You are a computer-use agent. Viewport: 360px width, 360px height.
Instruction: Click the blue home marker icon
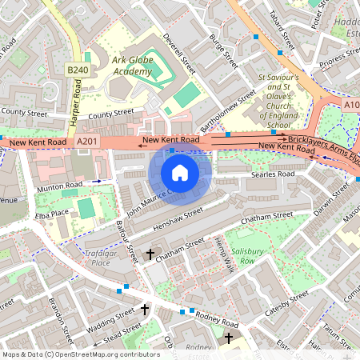coord(180,172)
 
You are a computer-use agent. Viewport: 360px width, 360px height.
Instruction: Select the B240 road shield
coord(77,70)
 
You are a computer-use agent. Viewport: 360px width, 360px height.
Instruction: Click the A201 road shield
coord(87,142)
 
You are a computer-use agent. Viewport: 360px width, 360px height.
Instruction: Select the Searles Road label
coord(272,174)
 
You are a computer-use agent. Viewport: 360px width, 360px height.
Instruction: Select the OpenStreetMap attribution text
coord(80,353)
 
